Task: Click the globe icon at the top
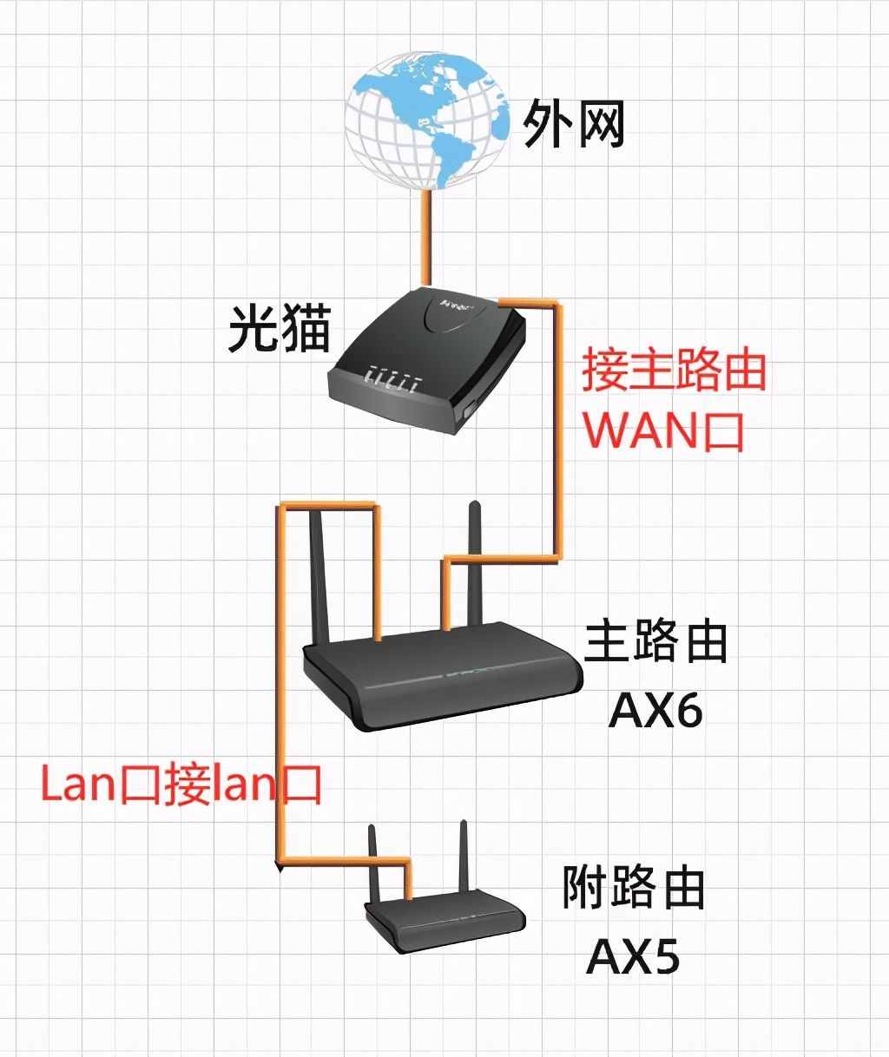(x=425, y=121)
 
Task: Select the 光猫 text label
(x=280, y=327)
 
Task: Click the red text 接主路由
(x=674, y=371)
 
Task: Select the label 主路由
(x=655, y=642)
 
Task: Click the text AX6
(x=655, y=711)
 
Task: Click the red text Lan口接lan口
(x=181, y=785)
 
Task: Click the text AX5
(x=632, y=956)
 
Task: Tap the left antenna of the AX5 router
(x=374, y=868)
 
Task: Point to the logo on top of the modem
(x=458, y=305)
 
